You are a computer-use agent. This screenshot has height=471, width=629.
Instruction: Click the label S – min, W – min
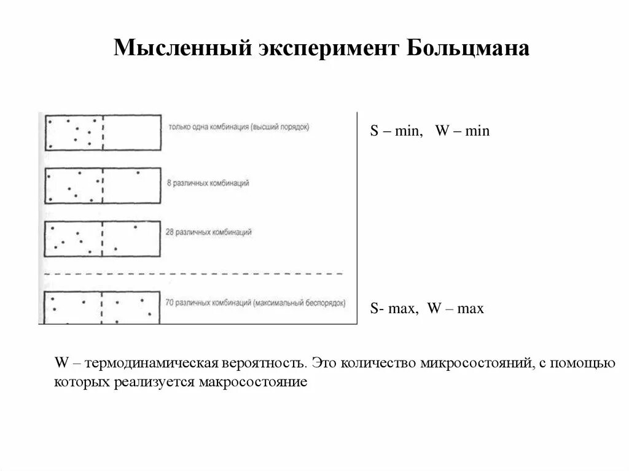pyautogui.click(x=429, y=131)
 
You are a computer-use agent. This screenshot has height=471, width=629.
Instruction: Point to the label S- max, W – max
pyautogui.click(x=426, y=309)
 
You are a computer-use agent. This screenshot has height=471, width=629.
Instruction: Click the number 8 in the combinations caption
pyautogui.click(x=168, y=183)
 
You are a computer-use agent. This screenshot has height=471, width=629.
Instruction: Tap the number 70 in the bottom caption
pyautogui.click(x=170, y=303)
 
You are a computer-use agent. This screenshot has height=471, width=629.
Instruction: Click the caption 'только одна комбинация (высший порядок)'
pyautogui.click(x=238, y=127)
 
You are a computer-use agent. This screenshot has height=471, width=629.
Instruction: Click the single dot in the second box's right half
pyautogui.click(x=138, y=173)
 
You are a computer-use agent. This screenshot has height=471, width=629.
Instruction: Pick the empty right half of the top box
pyautogui.click(x=131, y=131)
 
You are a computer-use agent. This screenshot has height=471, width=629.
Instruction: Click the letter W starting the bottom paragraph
pyautogui.click(x=61, y=363)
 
